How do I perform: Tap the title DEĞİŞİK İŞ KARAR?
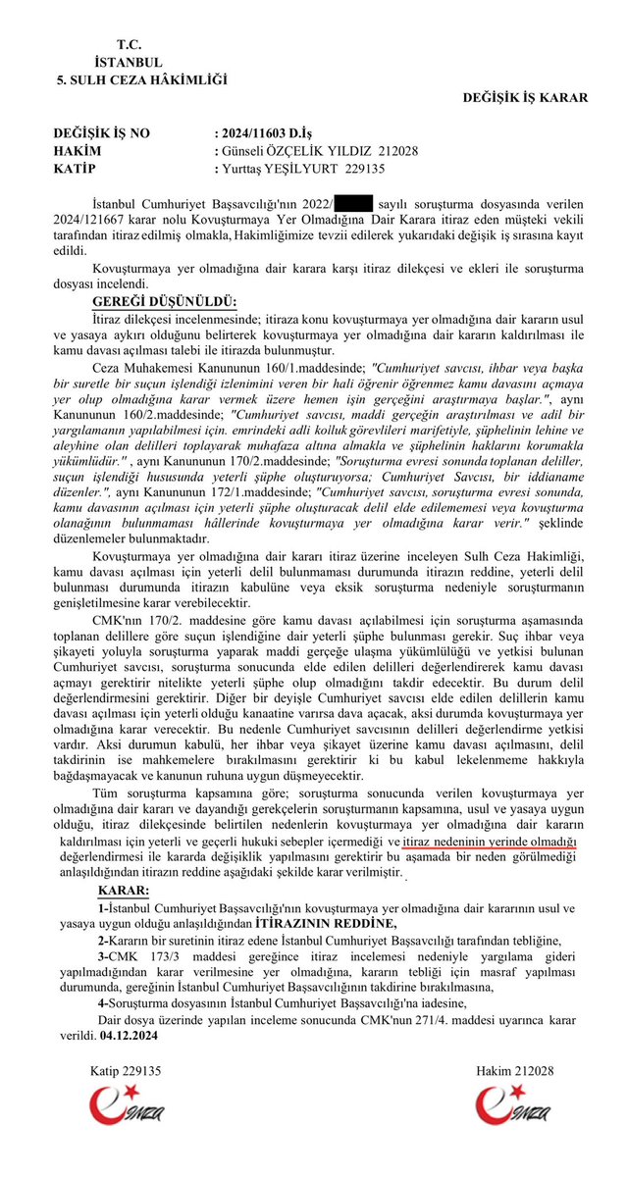coord(525,98)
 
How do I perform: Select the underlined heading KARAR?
coord(125,890)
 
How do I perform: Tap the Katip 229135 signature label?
coord(126,1071)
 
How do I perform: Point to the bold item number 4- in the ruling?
coord(104,1001)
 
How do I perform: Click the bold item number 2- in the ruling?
coord(104,939)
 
